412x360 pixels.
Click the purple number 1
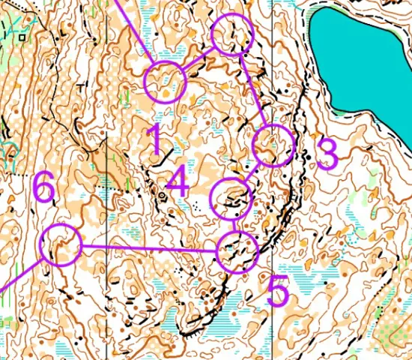[154, 139]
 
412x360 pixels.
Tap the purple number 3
[327, 154]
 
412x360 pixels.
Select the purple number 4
[177, 181]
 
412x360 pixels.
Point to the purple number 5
[278, 292]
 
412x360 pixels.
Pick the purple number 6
[43, 187]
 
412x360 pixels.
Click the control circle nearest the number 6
[60, 244]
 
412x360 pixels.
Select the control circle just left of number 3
[273, 145]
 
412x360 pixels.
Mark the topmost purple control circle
[233, 34]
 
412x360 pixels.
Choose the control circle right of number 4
[232, 199]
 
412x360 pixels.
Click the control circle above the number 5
[237, 251]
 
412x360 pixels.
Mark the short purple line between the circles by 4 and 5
[234, 226]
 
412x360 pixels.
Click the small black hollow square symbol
[22, 35]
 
